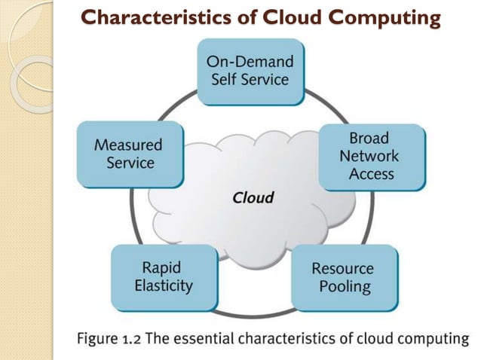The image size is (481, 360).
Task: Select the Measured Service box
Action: pyautogui.click(x=130, y=153)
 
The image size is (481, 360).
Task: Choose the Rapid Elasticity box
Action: pyautogui.click(x=163, y=276)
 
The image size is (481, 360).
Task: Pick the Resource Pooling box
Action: pyautogui.click(x=342, y=277)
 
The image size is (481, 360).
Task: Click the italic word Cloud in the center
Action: pyautogui.click(x=253, y=199)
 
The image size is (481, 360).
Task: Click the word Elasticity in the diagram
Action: pyautogui.click(x=163, y=285)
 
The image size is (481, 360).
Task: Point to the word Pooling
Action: pyautogui.click(x=342, y=286)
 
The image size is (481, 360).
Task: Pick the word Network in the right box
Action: pyautogui.click(x=369, y=157)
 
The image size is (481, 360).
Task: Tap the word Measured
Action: pyautogui.click(x=128, y=145)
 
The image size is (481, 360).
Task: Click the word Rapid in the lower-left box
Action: pyautogui.click(x=162, y=267)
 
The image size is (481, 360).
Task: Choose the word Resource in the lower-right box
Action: pyautogui.click(x=342, y=269)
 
